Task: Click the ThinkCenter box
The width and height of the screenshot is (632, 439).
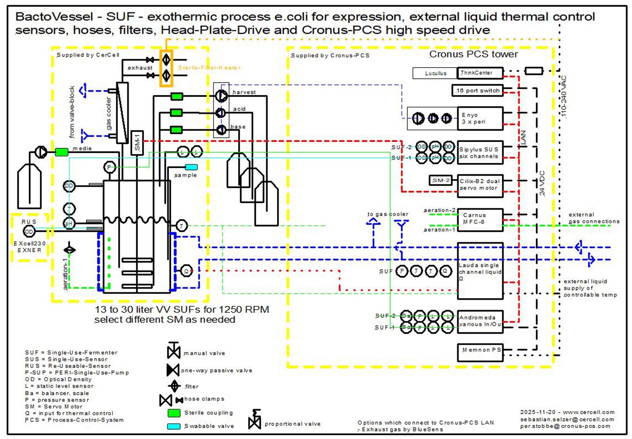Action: pyautogui.click(x=480, y=73)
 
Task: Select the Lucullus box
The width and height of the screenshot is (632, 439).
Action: pyautogui.click(x=435, y=73)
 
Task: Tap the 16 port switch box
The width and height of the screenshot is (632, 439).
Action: pyautogui.click(x=477, y=90)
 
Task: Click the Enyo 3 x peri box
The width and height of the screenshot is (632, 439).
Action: pyautogui.click(x=480, y=119)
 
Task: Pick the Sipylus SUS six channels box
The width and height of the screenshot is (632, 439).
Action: pyautogui.click(x=480, y=153)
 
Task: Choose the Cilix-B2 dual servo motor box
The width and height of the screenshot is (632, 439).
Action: pyautogui.click(x=480, y=184)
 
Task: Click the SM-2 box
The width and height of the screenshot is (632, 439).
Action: pyautogui.click(x=440, y=180)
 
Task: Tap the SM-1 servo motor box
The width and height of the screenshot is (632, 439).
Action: pyautogui.click(x=137, y=143)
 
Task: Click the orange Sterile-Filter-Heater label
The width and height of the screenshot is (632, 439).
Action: pyautogui.click(x=209, y=68)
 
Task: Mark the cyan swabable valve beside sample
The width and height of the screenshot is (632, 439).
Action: pyautogui.click(x=192, y=167)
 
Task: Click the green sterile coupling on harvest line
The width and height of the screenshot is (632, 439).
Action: pyautogui.click(x=177, y=96)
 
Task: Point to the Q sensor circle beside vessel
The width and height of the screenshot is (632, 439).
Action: pyautogui.click(x=186, y=271)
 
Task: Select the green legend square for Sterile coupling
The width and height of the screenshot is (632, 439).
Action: pyautogui.click(x=174, y=413)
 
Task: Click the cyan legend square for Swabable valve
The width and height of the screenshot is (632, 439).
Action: pyautogui.click(x=174, y=426)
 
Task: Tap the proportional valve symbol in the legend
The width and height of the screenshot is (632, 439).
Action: pyautogui.click(x=255, y=420)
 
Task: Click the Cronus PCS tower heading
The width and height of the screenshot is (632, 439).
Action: pyautogui.click(x=473, y=54)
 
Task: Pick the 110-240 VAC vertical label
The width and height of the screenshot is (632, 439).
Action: pyautogui.click(x=564, y=97)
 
